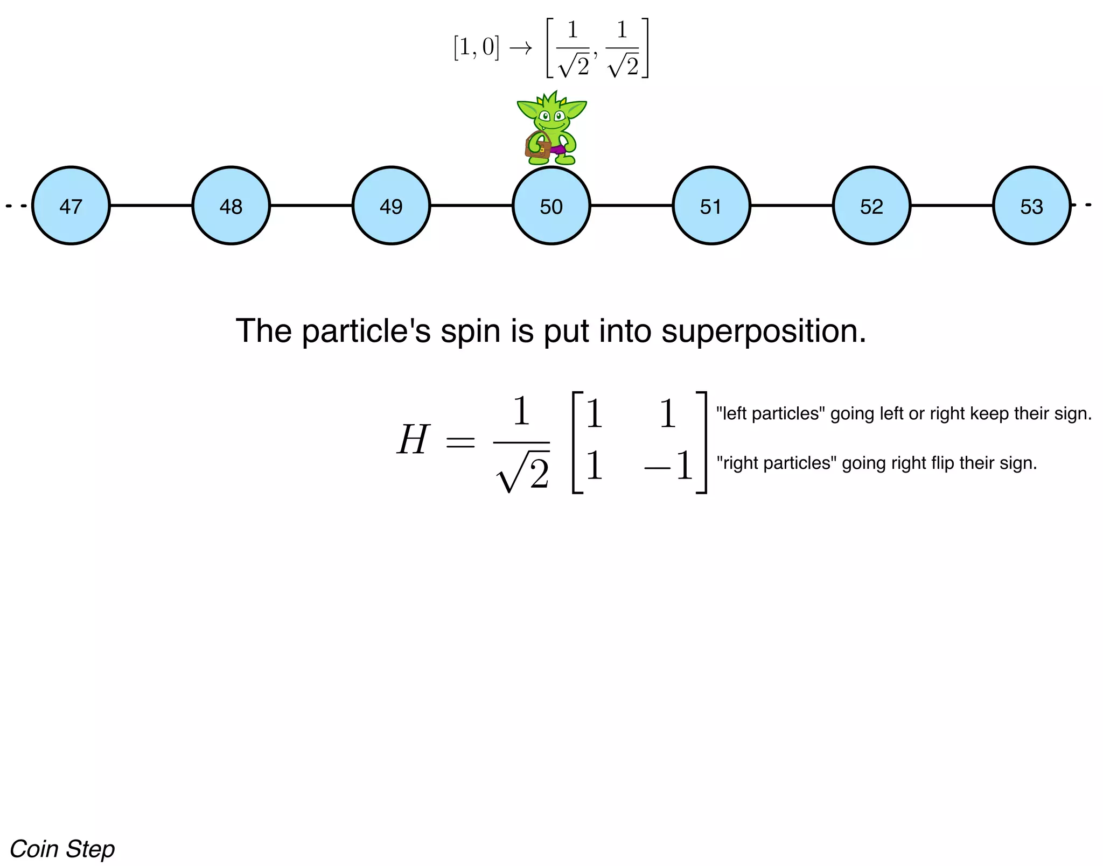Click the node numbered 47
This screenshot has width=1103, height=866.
(71, 206)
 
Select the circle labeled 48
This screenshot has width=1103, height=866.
(231, 206)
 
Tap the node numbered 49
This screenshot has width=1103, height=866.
(392, 206)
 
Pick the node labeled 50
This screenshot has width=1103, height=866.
(551, 206)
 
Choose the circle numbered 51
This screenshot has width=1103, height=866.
(711, 206)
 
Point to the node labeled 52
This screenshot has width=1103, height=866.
(872, 206)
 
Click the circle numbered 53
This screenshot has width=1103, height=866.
(1032, 206)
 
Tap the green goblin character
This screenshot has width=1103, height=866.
(552, 121)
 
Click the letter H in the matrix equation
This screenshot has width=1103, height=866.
(413, 440)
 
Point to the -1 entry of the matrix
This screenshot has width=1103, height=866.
(668, 466)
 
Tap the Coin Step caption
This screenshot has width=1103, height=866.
(62, 849)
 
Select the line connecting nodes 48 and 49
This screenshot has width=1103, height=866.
(311, 206)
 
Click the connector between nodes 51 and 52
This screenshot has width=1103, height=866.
(792, 206)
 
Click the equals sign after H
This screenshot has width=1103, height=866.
(460, 442)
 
